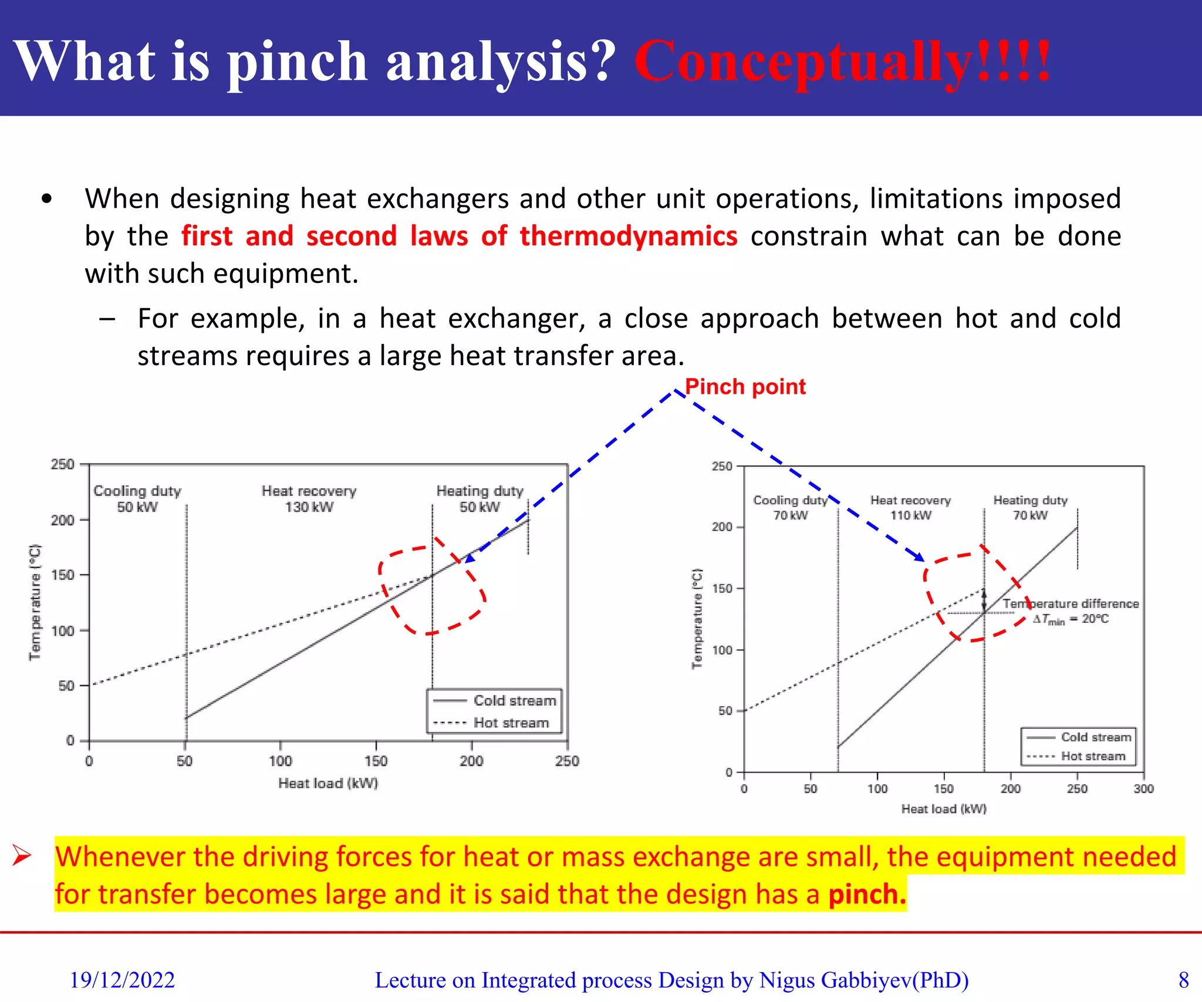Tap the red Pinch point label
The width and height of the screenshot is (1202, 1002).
click(745, 387)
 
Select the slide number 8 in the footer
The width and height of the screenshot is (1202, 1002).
click(1183, 980)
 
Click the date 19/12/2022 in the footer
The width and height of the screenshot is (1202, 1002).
click(122, 980)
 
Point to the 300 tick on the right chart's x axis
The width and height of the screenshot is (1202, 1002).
click(1143, 788)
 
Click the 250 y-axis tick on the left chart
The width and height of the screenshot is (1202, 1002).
click(62, 464)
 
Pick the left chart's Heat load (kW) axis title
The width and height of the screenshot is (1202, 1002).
click(328, 783)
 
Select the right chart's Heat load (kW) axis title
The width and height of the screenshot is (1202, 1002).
click(944, 809)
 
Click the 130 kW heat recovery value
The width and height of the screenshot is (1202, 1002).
click(309, 507)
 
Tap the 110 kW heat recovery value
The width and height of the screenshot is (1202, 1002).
click(910, 515)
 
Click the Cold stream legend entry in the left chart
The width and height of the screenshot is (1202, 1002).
click(514, 700)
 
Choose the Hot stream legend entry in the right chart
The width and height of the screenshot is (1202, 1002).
click(1092, 756)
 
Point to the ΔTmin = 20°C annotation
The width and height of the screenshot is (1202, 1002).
click(1071, 619)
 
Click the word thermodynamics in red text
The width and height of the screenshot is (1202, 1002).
click(628, 236)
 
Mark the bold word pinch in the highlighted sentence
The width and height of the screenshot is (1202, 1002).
click(866, 894)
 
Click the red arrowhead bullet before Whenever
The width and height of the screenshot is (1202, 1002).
click(22, 855)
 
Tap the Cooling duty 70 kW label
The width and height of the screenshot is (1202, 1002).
click(790, 508)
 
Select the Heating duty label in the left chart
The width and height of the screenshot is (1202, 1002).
click(480, 491)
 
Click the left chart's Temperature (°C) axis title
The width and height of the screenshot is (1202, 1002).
click(35, 602)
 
